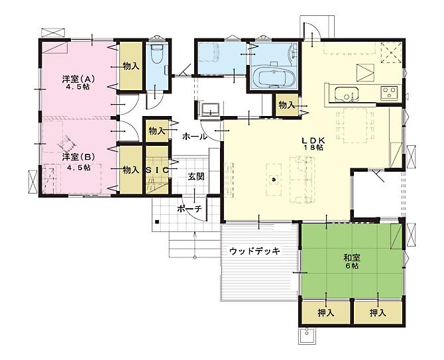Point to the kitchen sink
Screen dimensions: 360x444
pos(345,94)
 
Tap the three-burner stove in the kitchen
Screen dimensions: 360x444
pos(388,93)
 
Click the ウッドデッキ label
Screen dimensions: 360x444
pos(254,251)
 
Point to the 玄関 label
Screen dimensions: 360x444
pos(195,176)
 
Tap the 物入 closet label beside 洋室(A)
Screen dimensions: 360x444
pos(130,66)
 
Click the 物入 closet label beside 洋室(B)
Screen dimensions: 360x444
pos(130,170)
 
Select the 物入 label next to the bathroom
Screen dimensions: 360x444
pos(286,105)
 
